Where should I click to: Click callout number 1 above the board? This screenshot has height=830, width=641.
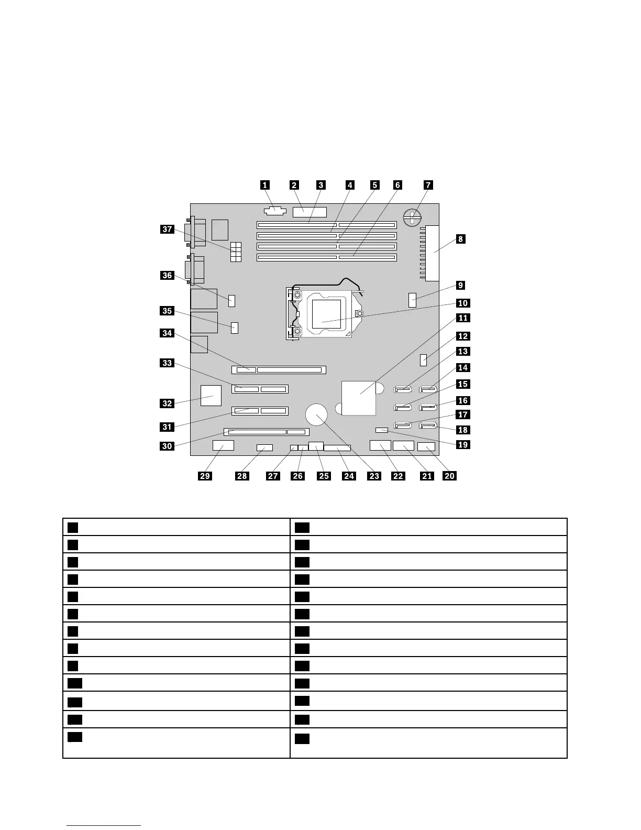pyautogui.click(x=265, y=185)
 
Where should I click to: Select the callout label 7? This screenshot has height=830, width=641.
pyautogui.click(x=428, y=185)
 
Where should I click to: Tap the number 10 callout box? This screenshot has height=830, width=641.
pyautogui.click(x=463, y=303)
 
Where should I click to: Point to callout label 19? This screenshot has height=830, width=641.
pyautogui.click(x=463, y=445)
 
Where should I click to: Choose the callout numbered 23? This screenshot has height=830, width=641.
pyautogui.click(x=374, y=476)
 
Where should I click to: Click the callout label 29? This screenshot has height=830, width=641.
pyautogui.click(x=205, y=476)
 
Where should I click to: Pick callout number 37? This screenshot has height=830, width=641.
pyautogui.click(x=167, y=229)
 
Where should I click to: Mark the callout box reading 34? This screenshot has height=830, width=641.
pyautogui.click(x=167, y=333)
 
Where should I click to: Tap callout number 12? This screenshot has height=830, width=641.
pyautogui.click(x=463, y=336)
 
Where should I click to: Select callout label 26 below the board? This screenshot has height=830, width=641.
pyautogui.click(x=297, y=476)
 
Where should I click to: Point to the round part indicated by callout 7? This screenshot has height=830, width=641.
pyautogui.click(x=413, y=216)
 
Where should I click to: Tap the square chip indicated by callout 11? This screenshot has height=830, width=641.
pyautogui.click(x=359, y=398)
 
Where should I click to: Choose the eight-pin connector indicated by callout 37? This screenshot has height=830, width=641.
pyautogui.click(x=236, y=253)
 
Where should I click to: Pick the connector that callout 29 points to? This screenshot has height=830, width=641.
pyautogui.click(x=223, y=446)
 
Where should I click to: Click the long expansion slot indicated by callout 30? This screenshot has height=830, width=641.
pyautogui.click(x=267, y=432)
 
